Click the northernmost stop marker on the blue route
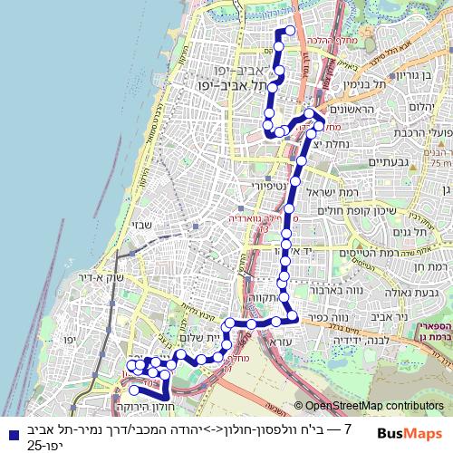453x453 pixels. click(291, 30)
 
